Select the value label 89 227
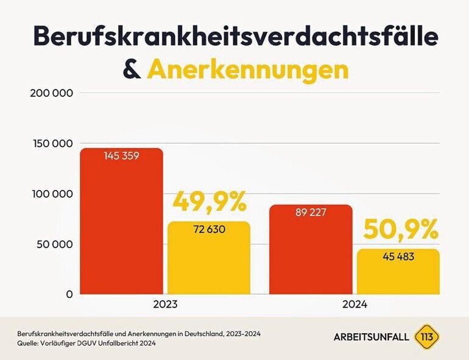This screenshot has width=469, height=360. click(311, 213)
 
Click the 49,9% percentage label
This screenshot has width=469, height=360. click(210, 202)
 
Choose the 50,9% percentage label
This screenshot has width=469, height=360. click(401, 230)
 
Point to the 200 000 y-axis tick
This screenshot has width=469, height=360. click(52, 93)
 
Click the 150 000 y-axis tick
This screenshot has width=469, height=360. click(52, 144)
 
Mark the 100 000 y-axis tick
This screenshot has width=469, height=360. click(52, 194)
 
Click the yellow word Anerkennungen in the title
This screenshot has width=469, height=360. click(248, 70)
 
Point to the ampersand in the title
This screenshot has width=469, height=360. click(132, 70)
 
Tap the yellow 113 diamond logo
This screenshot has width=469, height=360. click(426, 337)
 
